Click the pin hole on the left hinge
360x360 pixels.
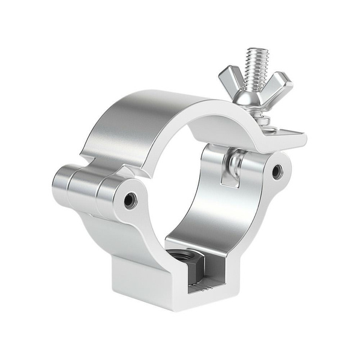[x=130, y=200]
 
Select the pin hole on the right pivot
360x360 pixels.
[x=277, y=172]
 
